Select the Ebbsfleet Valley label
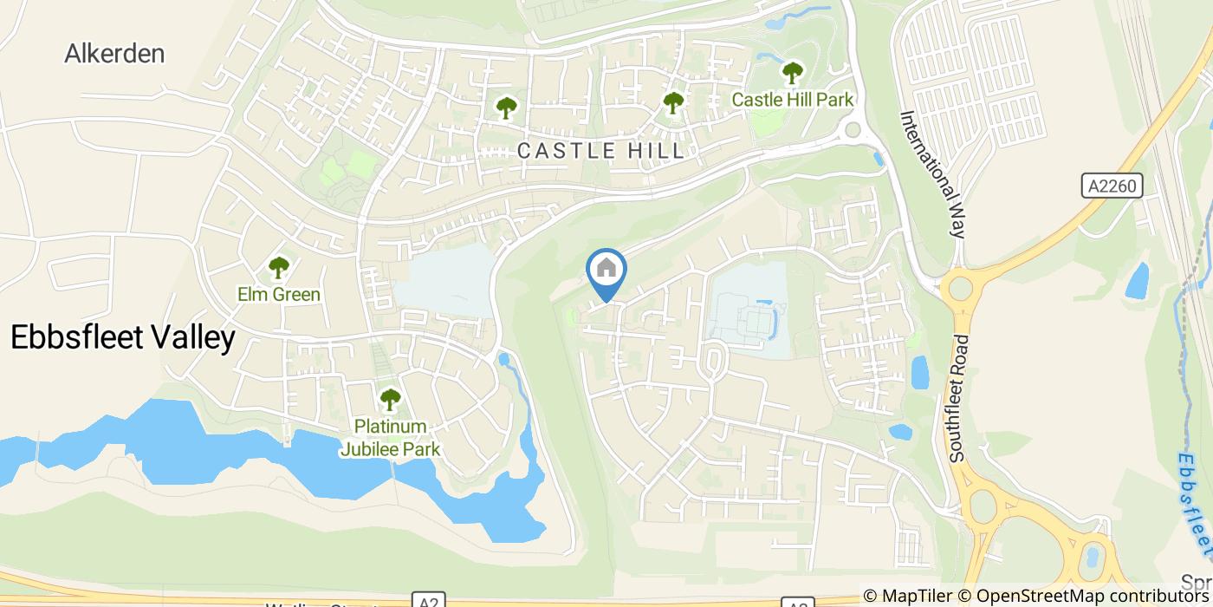point(122,338)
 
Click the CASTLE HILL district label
point(600,151)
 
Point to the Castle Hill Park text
point(793,100)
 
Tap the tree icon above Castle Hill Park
point(792,73)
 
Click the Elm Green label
point(279,295)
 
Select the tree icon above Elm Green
point(278,267)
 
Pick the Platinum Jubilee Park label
point(390,438)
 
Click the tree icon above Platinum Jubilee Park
point(390,400)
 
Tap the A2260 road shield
point(1112,186)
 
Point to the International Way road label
point(932,174)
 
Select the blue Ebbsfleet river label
point(1197,503)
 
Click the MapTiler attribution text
point(917,596)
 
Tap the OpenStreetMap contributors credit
point(1093,596)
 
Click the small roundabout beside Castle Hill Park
point(853,130)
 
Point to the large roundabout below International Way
point(960,288)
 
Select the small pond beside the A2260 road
point(1136,281)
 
